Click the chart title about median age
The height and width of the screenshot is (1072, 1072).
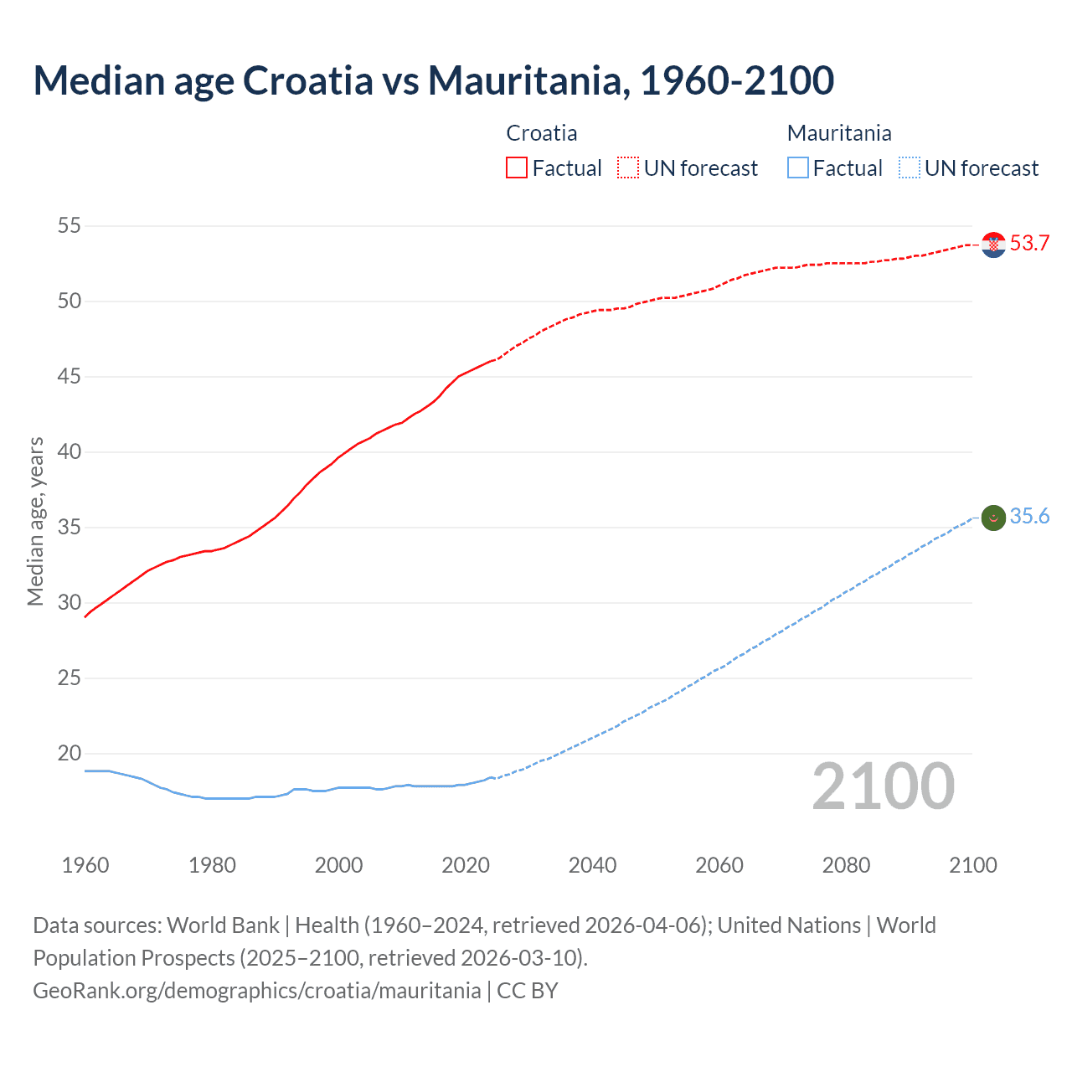433,80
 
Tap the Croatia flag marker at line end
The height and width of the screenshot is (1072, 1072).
993,245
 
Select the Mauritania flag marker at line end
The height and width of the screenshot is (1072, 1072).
993,518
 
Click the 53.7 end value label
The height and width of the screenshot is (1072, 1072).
1029,244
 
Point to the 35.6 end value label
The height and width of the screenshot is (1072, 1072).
1029,517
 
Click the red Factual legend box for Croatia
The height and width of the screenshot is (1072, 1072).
517,168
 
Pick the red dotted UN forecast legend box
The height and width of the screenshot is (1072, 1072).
628,168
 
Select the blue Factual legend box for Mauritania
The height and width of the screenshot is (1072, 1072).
798,168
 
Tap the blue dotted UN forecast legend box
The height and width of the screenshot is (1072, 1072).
909,168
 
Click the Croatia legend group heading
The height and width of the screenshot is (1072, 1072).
542,133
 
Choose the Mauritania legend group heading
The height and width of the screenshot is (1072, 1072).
839,133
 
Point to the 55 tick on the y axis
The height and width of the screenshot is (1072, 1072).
70,225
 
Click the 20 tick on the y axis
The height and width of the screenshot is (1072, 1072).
70,753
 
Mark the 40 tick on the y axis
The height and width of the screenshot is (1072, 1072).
70,451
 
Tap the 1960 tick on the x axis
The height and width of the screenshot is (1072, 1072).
85,865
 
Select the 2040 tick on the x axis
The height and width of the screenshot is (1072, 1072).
592,865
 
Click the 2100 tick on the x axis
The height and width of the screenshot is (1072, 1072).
972,865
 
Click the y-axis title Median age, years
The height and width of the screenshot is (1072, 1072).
35,521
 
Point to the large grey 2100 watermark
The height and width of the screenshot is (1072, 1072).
883,786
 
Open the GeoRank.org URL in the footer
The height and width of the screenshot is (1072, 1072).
257,991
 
